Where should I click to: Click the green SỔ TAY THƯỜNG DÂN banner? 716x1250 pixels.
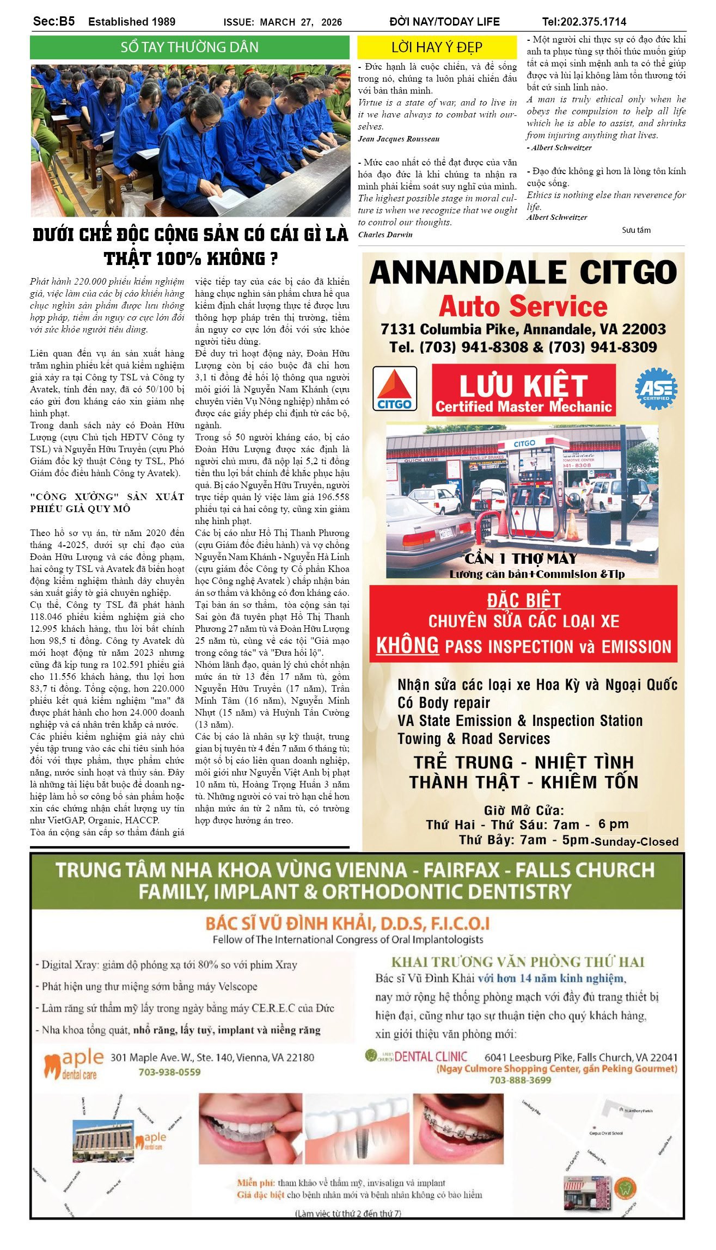189,47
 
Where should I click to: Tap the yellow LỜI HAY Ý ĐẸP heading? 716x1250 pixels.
437,48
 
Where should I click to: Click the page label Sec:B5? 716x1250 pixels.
54,21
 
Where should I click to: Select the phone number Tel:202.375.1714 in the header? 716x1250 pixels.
584,22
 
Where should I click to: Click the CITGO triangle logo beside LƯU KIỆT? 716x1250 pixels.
395,388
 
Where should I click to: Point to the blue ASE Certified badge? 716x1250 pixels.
656,388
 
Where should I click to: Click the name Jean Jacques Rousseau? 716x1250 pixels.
399,139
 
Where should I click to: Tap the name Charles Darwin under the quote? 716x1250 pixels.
385,235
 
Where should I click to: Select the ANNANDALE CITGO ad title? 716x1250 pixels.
523,272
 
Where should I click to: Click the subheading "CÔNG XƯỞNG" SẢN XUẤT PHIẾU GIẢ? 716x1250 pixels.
107,502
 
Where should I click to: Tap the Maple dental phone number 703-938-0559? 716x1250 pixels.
169,1072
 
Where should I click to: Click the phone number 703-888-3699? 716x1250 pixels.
520,1080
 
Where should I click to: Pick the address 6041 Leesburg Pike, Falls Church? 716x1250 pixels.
581,1057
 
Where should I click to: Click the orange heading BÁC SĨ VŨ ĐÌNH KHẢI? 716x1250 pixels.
347,923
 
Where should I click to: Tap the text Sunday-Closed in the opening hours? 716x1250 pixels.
636,841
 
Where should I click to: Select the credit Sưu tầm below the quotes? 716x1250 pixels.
636,230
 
